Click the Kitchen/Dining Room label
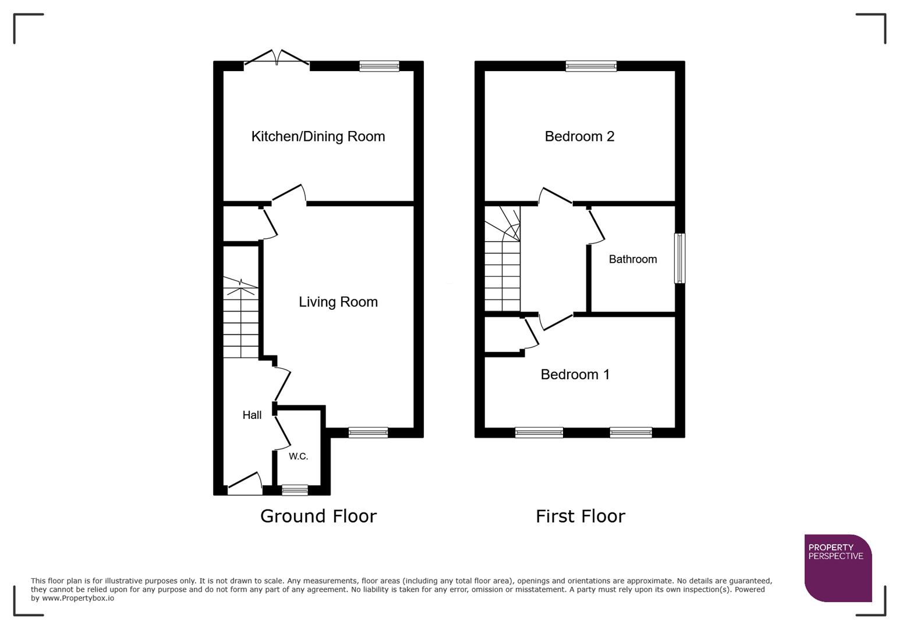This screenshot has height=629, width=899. click(x=318, y=136)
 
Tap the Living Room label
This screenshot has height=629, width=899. click(x=338, y=302)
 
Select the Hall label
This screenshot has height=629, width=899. click(x=252, y=415)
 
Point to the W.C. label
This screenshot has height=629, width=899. click(x=298, y=456)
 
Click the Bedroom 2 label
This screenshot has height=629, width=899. click(x=579, y=136)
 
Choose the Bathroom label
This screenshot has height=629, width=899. click(x=632, y=259)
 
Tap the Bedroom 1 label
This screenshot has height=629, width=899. click(x=575, y=374)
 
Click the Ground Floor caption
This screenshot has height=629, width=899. click(x=318, y=516)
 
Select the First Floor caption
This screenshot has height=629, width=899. click(x=580, y=516)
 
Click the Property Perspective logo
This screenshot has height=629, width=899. click(x=837, y=567)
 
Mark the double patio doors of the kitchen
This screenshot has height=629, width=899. click(x=277, y=59)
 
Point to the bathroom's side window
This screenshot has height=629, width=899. click(x=679, y=259)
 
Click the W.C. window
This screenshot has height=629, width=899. click(x=295, y=490)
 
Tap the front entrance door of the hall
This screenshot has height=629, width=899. click(x=245, y=485)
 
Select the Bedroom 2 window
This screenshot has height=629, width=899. click(x=590, y=66)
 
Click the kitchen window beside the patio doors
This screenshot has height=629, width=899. click(x=379, y=66)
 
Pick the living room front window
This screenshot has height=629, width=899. click(x=368, y=432)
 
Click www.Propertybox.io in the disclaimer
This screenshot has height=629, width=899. click(x=77, y=598)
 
